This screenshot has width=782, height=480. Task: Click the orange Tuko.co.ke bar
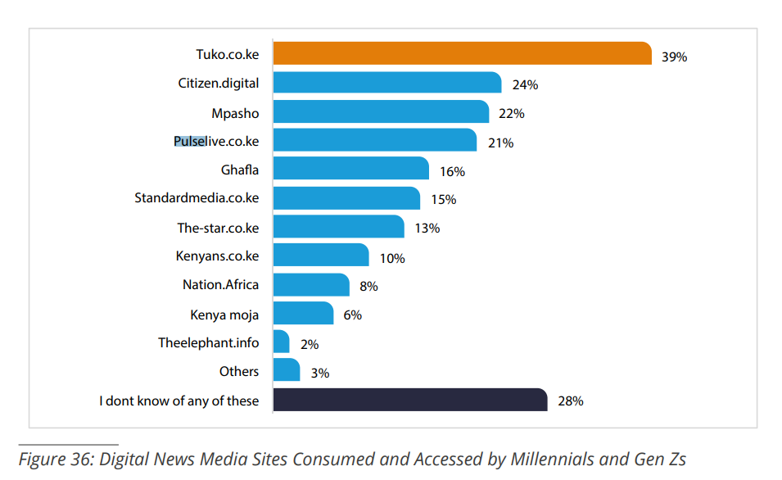point(461,53)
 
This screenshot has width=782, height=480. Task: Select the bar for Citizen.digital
point(386,83)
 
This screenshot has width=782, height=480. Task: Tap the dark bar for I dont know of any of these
point(409,400)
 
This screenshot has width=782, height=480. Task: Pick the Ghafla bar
point(350,169)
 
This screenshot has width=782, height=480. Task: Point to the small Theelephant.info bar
point(281,342)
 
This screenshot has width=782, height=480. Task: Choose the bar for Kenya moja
point(303,314)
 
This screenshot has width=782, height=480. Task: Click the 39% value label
point(674,57)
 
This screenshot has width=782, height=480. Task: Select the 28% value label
point(570,401)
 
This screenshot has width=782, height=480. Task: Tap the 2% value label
point(309,345)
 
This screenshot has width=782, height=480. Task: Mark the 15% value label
point(443,200)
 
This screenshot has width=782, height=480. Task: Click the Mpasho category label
point(235,113)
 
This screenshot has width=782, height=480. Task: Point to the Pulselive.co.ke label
point(216,142)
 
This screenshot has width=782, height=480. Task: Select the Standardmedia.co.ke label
point(197,198)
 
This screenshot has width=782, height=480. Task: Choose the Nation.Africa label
point(220,285)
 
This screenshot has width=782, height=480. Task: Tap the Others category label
point(239,371)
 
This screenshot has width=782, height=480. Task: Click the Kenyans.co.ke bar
point(320,256)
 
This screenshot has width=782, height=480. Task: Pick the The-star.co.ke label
point(218,228)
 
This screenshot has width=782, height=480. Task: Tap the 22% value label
point(512,114)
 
